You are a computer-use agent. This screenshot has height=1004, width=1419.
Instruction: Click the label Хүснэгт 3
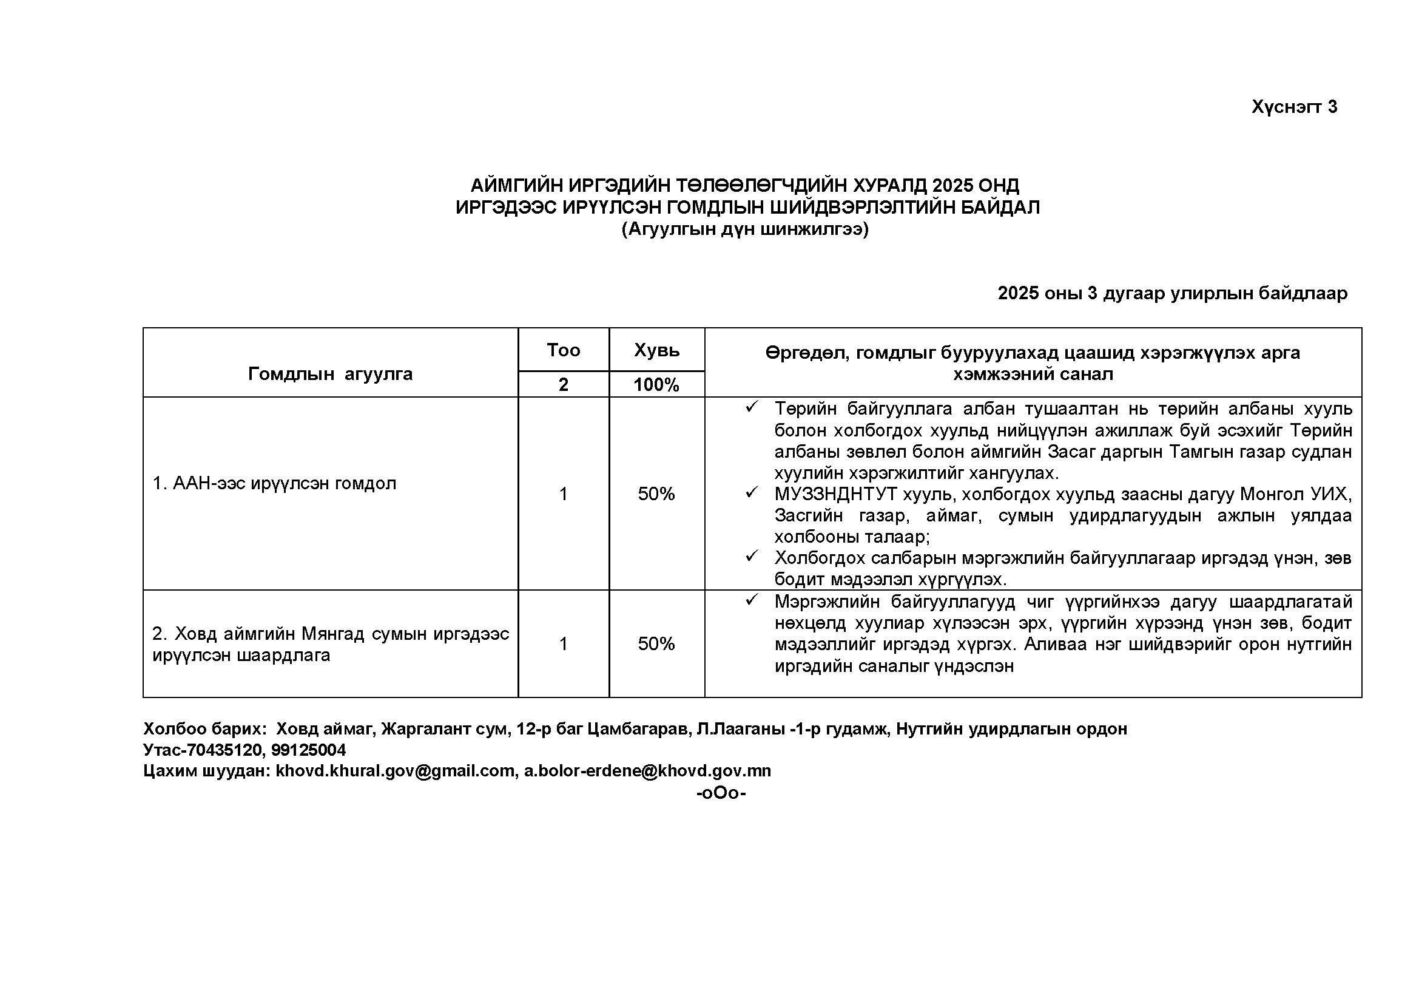click(1294, 107)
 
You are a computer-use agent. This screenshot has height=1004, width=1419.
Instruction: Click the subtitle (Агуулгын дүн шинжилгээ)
click(745, 229)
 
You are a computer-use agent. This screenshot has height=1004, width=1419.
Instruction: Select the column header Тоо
click(563, 350)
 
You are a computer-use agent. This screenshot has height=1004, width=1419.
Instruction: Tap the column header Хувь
click(656, 350)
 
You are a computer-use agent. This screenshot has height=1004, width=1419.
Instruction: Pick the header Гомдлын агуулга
click(330, 373)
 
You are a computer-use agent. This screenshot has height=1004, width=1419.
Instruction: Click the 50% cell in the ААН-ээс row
click(656, 494)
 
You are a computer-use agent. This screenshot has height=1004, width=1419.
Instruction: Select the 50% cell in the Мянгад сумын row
click(656, 644)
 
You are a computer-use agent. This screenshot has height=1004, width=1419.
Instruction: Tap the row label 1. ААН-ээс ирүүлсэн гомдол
click(274, 483)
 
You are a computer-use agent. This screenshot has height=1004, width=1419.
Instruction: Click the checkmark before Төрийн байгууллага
click(752, 407)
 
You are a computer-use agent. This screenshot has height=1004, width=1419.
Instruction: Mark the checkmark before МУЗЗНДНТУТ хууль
click(752, 493)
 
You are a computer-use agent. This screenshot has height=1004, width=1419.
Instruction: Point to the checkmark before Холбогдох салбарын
click(752, 557)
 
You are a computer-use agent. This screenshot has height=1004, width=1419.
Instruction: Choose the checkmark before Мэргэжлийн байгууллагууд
click(752, 600)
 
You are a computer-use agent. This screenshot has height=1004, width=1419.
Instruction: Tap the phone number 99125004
click(308, 750)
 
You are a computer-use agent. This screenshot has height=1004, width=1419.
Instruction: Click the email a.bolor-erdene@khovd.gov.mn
click(647, 772)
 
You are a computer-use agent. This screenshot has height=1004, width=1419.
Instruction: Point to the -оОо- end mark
click(721, 793)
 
